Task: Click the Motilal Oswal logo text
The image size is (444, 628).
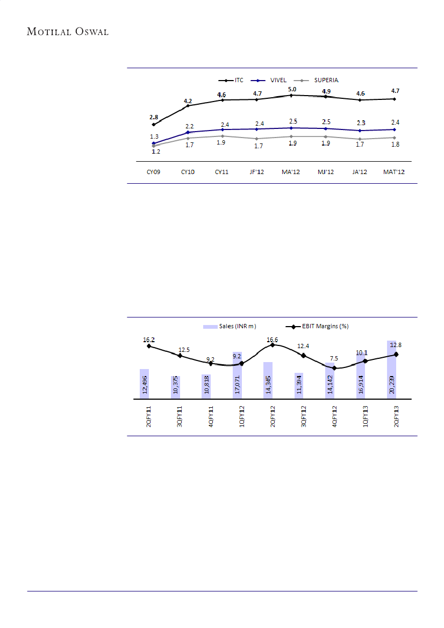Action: [x=68, y=32]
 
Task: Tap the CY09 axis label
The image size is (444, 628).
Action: [x=153, y=171]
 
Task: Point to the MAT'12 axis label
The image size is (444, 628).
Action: [x=395, y=171]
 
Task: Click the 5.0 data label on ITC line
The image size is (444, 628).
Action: [x=292, y=89]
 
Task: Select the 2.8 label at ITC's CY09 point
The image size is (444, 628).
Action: [x=154, y=117]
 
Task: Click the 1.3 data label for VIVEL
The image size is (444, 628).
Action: [x=154, y=137]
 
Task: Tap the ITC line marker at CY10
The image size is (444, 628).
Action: [x=188, y=106]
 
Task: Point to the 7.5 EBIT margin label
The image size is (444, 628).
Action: [x=334, y=358]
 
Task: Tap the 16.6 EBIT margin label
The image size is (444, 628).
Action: [x=273, y=340]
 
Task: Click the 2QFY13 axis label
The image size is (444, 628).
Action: [x=396, y=416]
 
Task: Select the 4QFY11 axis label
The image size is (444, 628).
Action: [x=211, y=416]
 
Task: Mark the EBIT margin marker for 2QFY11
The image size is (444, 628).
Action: [x=149, y=346]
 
